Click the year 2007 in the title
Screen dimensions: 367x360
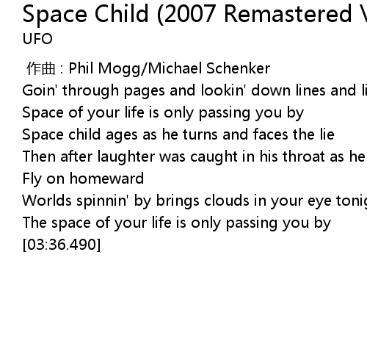(189, 14)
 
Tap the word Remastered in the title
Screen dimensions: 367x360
(288, 14)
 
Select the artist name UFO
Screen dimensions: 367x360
(37, 39)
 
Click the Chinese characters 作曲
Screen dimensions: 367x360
(40, 68)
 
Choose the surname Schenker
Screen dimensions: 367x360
(239, 68)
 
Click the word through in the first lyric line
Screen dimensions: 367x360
(90, 91)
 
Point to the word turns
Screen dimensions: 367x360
(200, 134)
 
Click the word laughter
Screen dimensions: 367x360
(126, 156)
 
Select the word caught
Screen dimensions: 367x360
(214, 156)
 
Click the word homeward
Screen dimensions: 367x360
(107, 179)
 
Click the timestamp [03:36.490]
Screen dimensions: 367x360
(62, 245)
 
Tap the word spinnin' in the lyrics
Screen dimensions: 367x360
(103, 201)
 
